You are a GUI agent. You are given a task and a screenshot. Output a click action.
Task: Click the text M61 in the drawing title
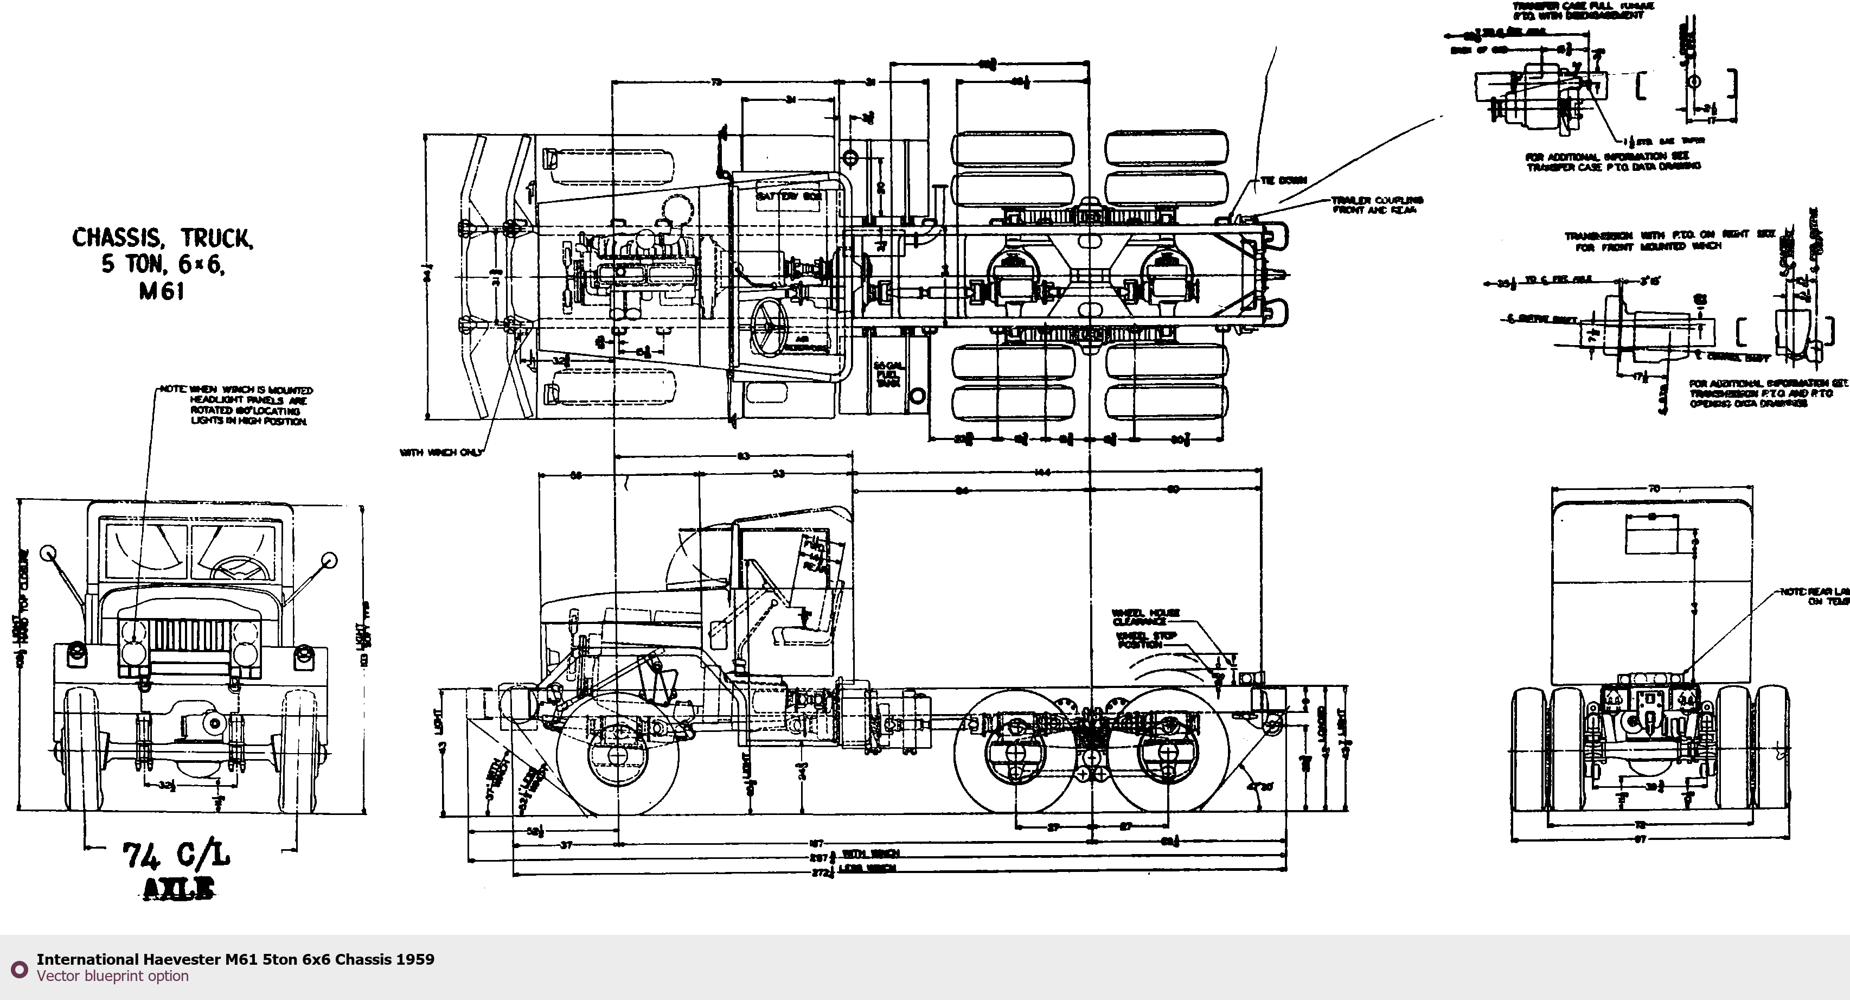(x=162, y=292)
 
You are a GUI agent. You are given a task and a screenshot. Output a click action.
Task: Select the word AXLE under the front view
(x=179, y=889)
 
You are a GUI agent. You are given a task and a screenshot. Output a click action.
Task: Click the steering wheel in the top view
(x=769, y=326)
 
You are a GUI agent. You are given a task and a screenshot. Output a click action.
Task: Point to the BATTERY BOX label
(x=788, y=196)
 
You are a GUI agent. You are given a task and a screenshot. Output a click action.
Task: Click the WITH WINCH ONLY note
(x=441, y=453)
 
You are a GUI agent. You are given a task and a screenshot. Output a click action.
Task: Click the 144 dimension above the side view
(x=1043, y=472)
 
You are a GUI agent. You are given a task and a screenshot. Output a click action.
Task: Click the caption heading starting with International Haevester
(x=235, y=959)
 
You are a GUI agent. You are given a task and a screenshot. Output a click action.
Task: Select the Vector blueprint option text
(x=113, y=976)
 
